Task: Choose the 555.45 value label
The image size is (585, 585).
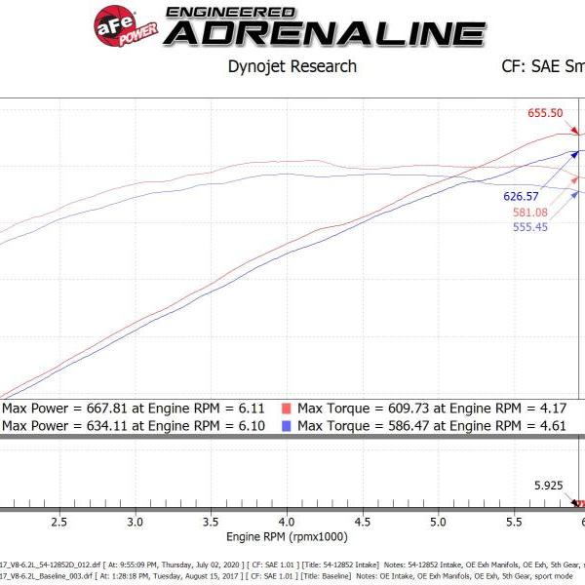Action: (532, 227)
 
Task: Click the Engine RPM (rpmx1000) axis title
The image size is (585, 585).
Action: (287, 537)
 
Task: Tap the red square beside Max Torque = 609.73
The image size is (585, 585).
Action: (287, 409)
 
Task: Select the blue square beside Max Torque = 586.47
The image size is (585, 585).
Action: (287, 426)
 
